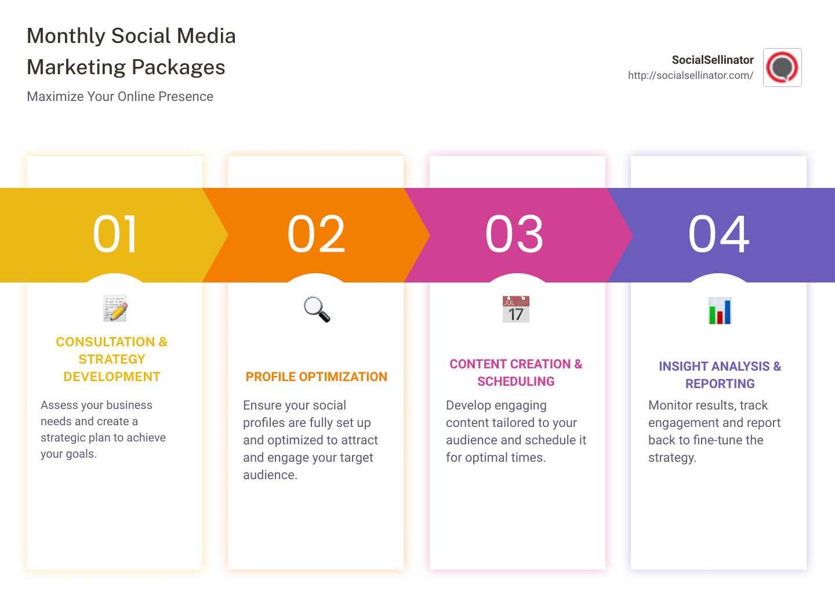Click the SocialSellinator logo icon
tap(782, 67)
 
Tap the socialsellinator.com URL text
tap(690, 75)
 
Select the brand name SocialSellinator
tap(712, 60)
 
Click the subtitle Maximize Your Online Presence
tap(120, 96)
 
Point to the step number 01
tap(115, 234)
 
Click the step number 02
tap(317, 234)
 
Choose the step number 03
tap(515, 234)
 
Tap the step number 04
tap(719, 234)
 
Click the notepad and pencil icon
tap(115, 309)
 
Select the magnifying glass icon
tap(317, 309)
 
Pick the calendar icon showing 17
tap(516, 309)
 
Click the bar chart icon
tap(720, 310)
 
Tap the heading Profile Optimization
tap(316, 377)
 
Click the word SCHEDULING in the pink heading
tap(515, 382)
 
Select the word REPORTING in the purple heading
tap(720, 384)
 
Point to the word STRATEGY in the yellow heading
tap(112, 360)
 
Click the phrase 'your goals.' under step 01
tap(68, 454)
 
